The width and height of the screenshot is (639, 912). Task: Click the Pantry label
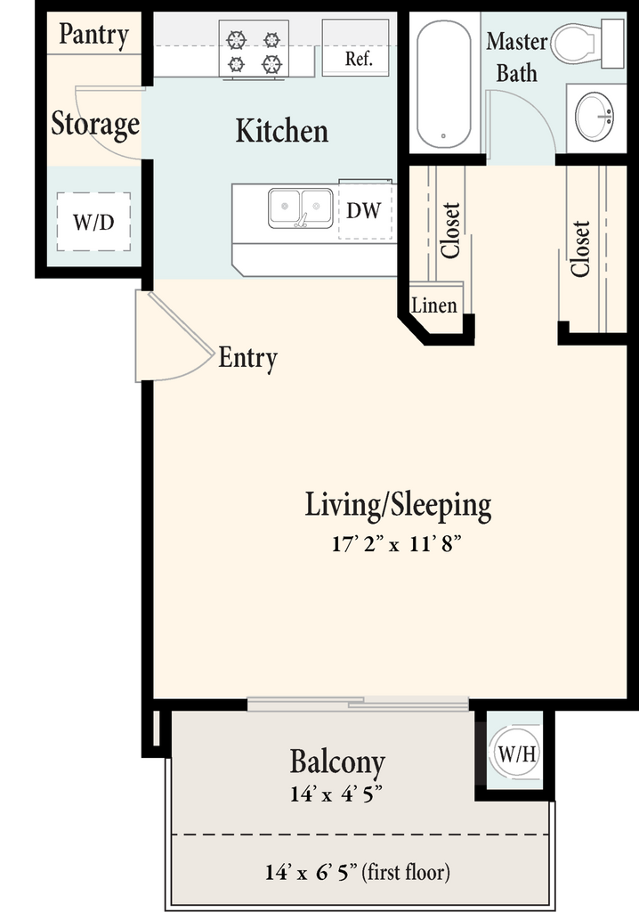[93, 35]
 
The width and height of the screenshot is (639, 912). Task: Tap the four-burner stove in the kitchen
[254, 50]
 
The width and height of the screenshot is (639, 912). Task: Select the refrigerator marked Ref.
[356, 47]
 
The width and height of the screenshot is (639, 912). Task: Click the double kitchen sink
[301, 208]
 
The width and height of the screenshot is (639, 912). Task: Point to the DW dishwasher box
[366, 210]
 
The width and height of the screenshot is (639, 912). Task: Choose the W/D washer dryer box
[93, 222]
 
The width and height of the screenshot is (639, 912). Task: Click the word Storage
[95, 124]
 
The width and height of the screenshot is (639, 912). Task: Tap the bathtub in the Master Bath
[443, 85]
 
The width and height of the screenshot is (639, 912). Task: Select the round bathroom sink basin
[595, 117]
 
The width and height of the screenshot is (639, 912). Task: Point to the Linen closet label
[433, 305]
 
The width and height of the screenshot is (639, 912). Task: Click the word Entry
[247, 358]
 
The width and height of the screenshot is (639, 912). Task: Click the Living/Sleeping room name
[399, 506]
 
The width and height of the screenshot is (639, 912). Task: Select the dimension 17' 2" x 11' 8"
[397, 544]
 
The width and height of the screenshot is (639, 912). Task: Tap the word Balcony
[337, 762]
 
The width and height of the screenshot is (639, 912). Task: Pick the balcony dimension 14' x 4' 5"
[336, 794]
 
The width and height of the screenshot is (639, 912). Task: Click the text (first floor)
[406, 872]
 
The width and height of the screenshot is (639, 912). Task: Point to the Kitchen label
[282, 130]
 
